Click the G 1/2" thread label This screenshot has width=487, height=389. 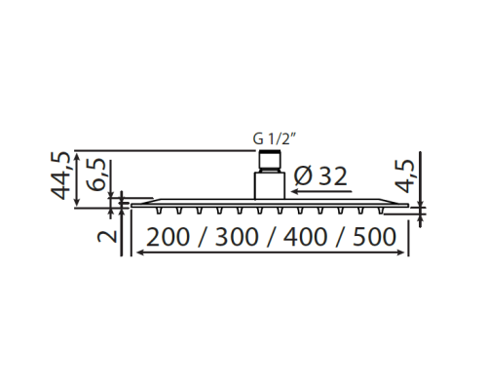tap(274, 139)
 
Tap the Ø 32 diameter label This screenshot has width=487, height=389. tap(320, 176)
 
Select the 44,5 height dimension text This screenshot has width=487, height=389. tap(60, 175)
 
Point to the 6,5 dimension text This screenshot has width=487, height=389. tap(95, 175)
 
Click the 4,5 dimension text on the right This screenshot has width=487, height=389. tap(404, 176)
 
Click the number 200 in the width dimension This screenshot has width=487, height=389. tap(168, 237)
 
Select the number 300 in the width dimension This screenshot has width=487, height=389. tap(237, 237)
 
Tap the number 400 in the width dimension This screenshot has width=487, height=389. tap(305, 237)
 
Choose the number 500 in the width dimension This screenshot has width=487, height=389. tap(375, 237)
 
